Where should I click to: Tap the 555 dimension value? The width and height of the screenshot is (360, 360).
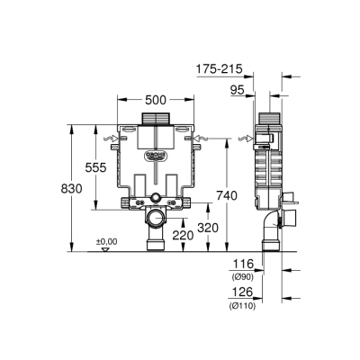108,167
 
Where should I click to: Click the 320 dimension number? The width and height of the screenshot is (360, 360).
206,227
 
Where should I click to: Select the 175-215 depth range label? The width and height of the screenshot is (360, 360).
220,67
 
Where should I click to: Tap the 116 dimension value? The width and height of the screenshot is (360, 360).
243,264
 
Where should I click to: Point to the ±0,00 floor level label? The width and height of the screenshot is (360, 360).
107,241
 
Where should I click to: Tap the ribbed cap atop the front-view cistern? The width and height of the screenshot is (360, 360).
156,117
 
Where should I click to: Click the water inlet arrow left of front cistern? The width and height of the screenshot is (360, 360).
114,138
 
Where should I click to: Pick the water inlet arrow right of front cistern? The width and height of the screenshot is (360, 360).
197,138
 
